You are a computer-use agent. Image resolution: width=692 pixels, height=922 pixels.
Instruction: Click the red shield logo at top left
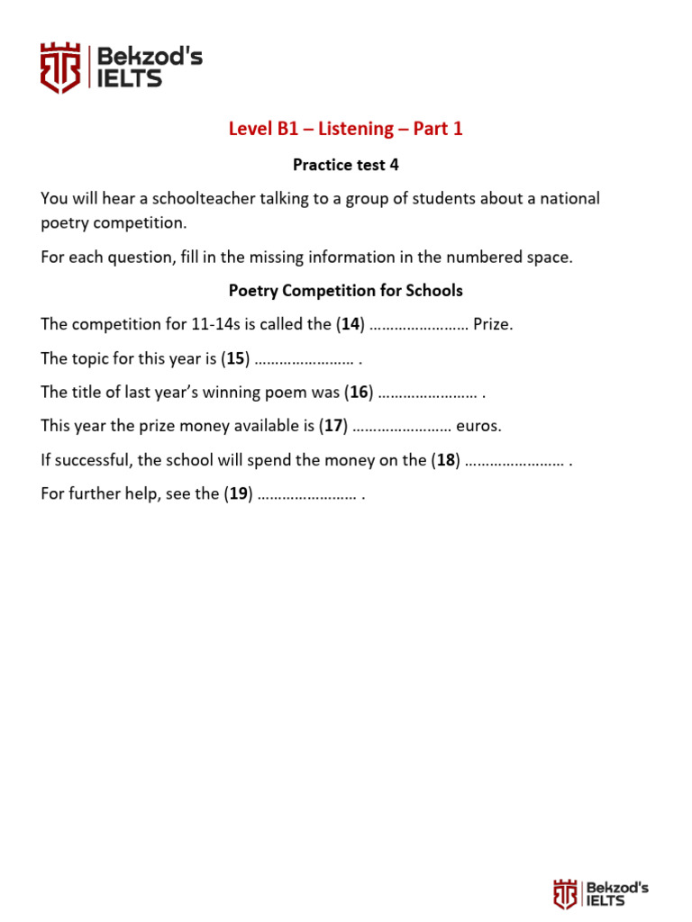point(60,68)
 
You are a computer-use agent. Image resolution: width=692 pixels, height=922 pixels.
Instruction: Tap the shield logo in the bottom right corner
point(565,894)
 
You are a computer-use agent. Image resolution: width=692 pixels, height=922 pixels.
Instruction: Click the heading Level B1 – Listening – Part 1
point(346,129)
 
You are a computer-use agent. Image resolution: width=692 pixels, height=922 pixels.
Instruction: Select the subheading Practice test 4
point(346,165)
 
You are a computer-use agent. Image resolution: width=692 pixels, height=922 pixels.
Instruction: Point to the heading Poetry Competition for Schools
point(346,291)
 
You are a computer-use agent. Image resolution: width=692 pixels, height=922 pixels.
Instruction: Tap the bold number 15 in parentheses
point(236,358)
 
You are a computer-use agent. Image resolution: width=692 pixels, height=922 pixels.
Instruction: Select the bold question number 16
point(359,393)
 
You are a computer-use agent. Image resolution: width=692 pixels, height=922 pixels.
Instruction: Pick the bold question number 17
point(333,426)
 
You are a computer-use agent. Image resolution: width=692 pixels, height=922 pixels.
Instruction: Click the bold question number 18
point(445,460)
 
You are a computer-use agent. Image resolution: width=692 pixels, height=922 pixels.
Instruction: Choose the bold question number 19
point(239,493)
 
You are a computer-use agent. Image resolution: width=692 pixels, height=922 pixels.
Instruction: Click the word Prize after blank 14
point(492,324)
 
